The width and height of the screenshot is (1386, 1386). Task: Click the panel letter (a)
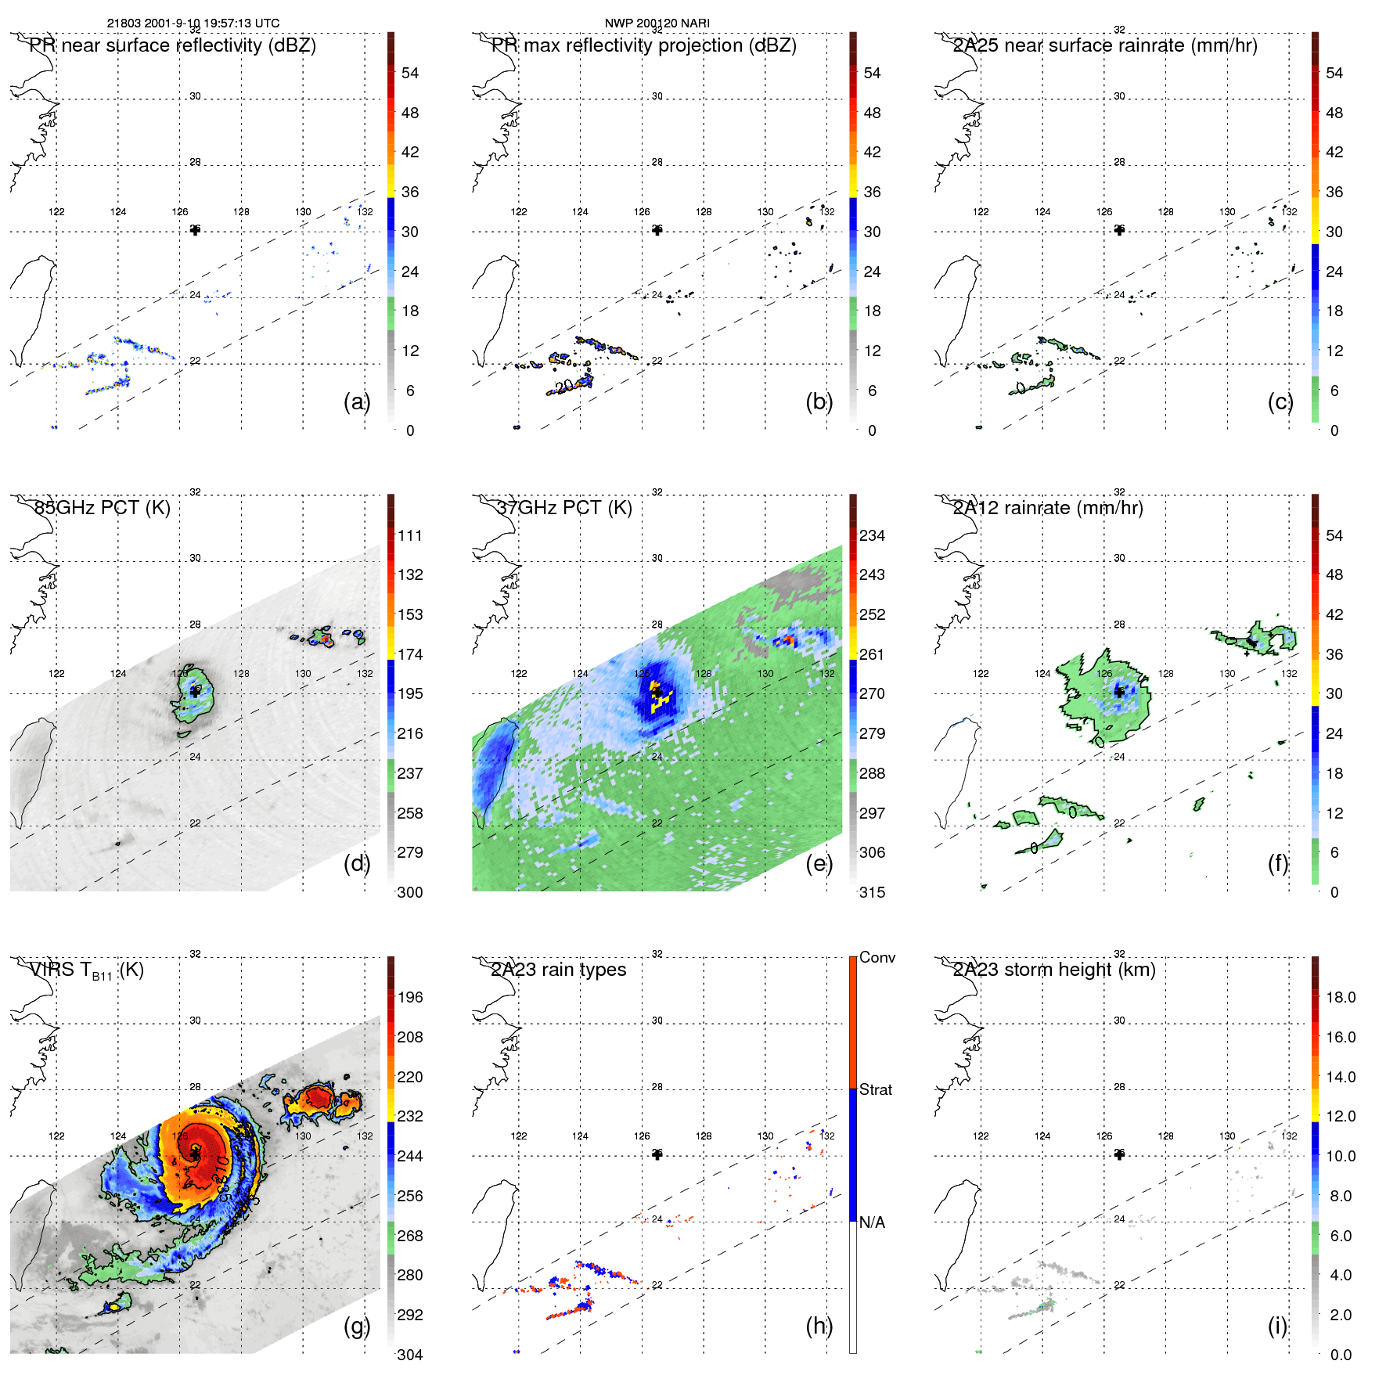pos(356,402)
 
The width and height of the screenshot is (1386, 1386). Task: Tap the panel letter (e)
pos(819,864)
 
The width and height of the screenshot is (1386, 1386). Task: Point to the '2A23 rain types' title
pos(558,970)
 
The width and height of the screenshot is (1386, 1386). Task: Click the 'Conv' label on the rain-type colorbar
pos(877,957)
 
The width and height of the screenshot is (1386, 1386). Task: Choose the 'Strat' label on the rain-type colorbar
pos(876,1089)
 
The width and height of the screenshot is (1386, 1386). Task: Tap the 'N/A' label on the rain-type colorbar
pos(872,1222)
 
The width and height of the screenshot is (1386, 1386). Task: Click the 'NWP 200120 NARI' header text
pos(657,23)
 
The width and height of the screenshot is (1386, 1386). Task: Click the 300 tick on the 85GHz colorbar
pos(410,892)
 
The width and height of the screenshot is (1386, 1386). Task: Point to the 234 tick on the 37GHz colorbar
pos(872,535)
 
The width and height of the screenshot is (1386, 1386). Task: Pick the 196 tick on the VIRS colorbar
pos(410,997)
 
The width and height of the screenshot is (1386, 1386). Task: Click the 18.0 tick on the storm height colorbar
pos(1341,997)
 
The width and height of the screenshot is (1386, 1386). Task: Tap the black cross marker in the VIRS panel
pos(195,1154)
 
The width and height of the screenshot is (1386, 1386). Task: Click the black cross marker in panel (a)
pos(195,230)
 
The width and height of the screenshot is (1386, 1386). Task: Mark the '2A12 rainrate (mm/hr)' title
pos(1048,507)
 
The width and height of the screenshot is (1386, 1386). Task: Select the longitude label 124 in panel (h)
pos(580,1136)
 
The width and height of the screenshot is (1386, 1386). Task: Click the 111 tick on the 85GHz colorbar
pos(410,535)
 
